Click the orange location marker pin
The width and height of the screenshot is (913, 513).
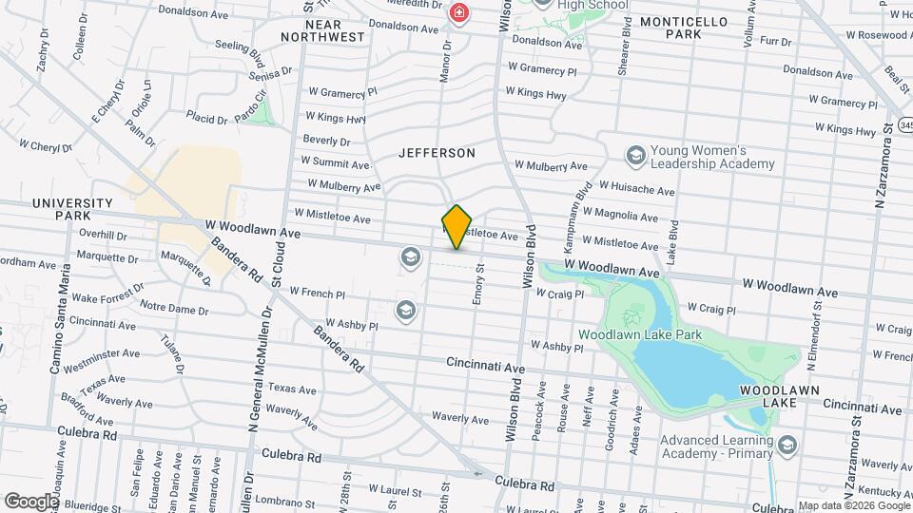(x=457, y=226)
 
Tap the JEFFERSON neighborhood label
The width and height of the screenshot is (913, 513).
(x=437, y=152)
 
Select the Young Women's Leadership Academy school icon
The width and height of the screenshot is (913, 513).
(x=636, y=155)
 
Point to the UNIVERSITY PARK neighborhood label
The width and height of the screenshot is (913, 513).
(x=72, y=209)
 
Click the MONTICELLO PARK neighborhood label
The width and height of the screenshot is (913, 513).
(x=684, y=27)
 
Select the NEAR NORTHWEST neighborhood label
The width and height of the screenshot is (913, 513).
(x=323, y=29)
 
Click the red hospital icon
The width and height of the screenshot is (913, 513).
(x=459, y=13)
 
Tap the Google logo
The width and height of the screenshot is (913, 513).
(x=31, y=500)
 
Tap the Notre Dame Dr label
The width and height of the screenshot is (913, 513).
(x=174, y=309)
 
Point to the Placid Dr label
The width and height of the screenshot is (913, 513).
(x=206, y=120)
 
